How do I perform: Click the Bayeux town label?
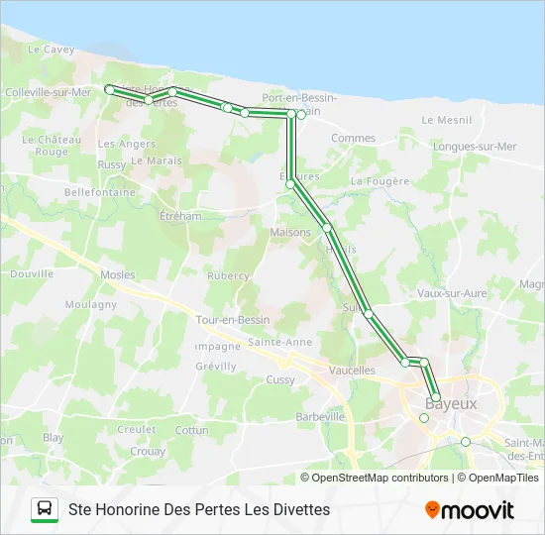point(451,404)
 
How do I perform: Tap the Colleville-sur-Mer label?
point(48,92)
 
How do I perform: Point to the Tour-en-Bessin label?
point(233,320)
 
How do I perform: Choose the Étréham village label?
point(180,216)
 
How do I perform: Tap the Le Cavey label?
point(51,49)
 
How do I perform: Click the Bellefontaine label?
point(99,192)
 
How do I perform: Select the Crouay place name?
point(148,451)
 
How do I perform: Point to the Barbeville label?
point(319,417)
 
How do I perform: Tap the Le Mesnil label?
point(446,120)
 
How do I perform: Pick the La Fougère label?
point(380,181)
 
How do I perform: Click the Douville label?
point(32,273)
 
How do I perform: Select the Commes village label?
point(354,139)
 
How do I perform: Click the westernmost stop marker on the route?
point(109,89)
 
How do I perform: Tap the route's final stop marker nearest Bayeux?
point(436,397)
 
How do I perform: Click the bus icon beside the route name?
point(45,509)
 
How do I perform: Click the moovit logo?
point(470,510)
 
